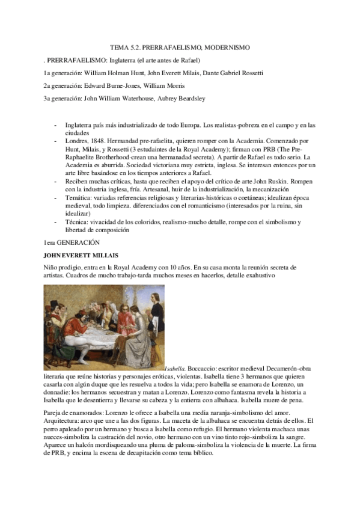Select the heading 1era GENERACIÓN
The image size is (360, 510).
(64, 242)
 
